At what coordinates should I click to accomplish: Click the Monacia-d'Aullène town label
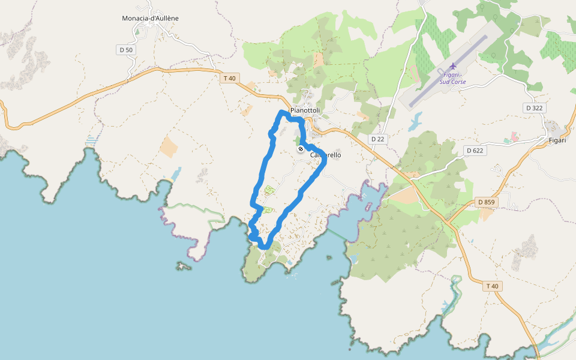coord(150,18)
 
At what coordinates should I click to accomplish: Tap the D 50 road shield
coord(126,50)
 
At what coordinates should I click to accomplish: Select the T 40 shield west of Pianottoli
coord(230,78)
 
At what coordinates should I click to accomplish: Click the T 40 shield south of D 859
coord(492,286)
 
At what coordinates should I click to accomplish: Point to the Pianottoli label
coord(305,111)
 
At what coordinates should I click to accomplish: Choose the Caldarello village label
coord(326,155)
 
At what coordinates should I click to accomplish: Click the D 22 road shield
coord(377,139)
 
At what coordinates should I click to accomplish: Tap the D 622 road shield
coord(474,151)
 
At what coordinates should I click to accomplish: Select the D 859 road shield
coord(485,202)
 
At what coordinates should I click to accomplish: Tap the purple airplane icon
coord(453,65)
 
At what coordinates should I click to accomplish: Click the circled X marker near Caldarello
coord(301,149)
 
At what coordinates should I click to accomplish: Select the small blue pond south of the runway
coord(415,122)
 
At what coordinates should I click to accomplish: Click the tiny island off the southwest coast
coord(182,265)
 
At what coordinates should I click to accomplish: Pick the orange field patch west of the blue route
coord(169,147)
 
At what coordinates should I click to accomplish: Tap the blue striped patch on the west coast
coord(91,140)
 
